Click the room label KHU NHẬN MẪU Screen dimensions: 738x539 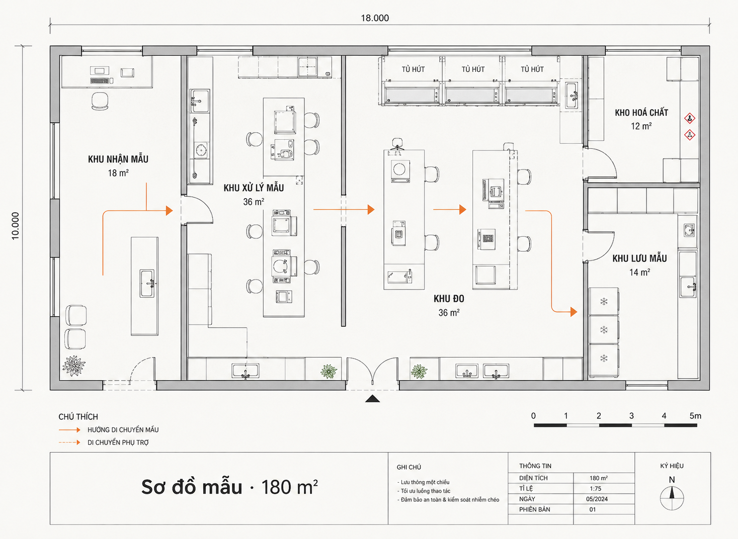(x=118, y=159)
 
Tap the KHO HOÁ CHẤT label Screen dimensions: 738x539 (x=641, y=113)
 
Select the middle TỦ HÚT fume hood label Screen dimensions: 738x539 (x=473, y=69)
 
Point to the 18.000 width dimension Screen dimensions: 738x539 (x=375, y=18)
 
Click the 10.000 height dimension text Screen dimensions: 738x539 (x=16, y=226)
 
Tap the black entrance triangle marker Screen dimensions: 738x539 (x=372, y=399)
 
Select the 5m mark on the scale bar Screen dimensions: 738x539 (x=695, y=416)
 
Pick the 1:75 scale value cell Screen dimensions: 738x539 (x=595, y=489)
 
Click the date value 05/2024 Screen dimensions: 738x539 (x=597, y=499)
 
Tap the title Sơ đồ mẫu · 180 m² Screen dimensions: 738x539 (x=229, y=487)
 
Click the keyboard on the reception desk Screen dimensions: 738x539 (x=100, y=80)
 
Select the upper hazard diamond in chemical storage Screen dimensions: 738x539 (x=690, y=118)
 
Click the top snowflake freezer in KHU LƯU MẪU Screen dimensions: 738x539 (x=604, y=301)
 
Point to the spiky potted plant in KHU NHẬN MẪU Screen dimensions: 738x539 (x=74, y=365)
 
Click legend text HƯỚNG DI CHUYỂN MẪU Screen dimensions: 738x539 (x=123, y=430)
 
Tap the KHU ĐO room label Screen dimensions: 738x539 (x=449, y=299)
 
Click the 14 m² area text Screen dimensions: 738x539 (x=639, y=273)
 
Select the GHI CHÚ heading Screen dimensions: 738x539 (x=409, y=467)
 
